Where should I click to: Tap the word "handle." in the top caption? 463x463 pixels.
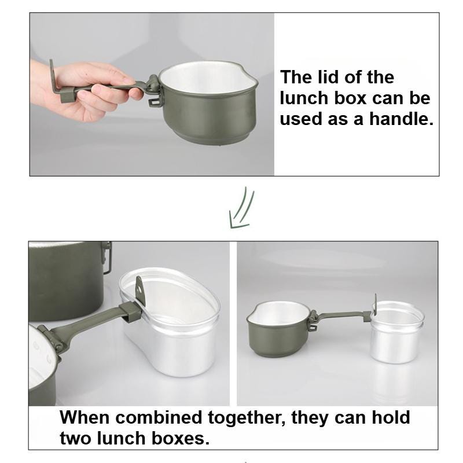pyautogui.click(x=401, y=119)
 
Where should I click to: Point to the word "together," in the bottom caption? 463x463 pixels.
pyautogui.click(x=247, y=418)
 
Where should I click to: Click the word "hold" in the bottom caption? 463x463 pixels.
pyautogui.click(x=391, y=417)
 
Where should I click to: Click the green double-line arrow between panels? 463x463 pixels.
pyautogui.click(x=241, y=208)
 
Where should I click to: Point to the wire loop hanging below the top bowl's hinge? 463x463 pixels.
pyautogui.click(x=155, y=100)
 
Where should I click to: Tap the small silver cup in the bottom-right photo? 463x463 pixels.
pyautogui.click(x=397, y=332)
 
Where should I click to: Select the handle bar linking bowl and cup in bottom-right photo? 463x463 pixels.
pyautogui.click(x=344, y=315)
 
